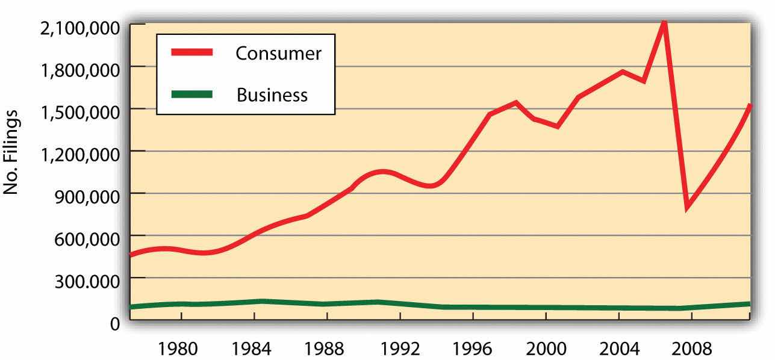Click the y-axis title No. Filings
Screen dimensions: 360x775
[13, 152]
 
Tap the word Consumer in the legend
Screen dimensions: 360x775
[278, 54]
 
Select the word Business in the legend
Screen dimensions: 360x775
[272, 95]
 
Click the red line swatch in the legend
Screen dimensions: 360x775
[191, 53]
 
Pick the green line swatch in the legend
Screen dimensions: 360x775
[191, 94]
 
